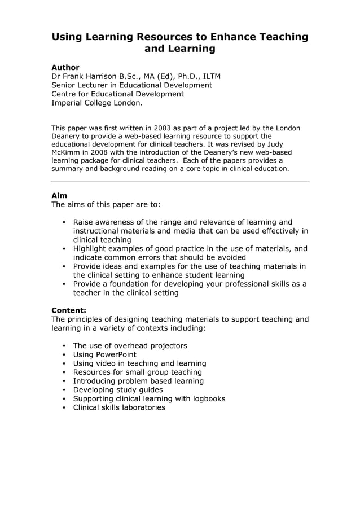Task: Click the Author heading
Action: [65, 67]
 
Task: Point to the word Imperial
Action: [68, 103]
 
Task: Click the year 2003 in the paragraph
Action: [156, 128]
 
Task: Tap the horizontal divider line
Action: [180, 182]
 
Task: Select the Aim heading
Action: [59, 196]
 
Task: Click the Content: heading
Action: [69, 310]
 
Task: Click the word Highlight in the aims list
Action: [91, 249]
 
